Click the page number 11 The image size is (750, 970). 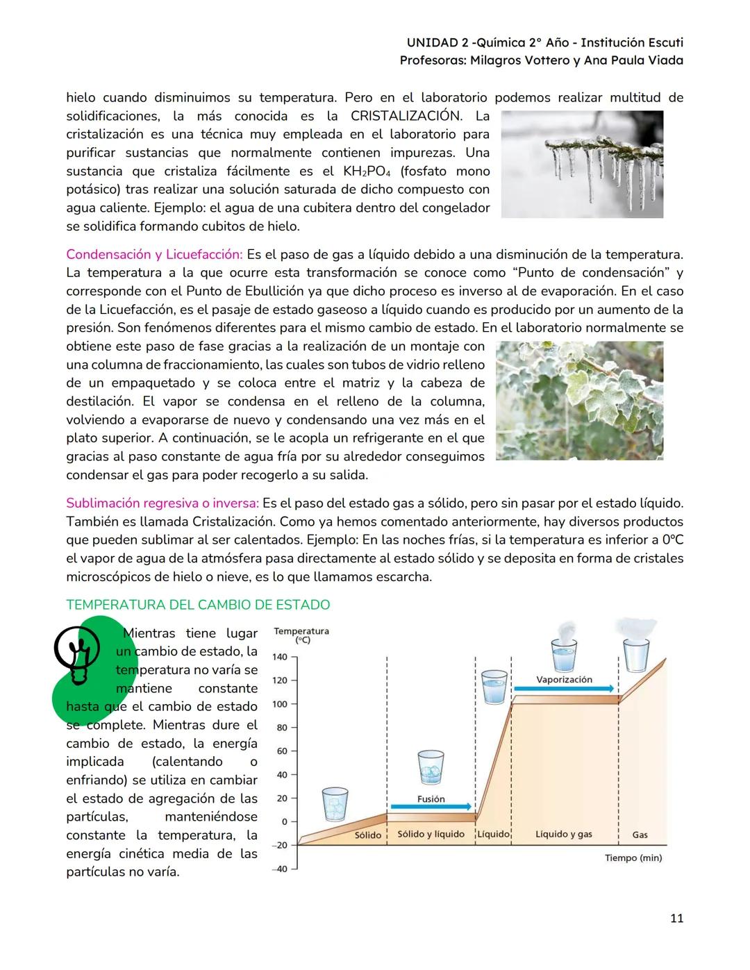click(676, 918)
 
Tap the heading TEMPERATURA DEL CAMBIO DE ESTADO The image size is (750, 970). click(198, 605)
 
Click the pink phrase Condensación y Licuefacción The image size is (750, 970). click(153, 254)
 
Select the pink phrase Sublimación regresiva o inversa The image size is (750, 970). click(162, 503)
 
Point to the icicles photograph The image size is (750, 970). click(582, 165)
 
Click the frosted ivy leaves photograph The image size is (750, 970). click(580, 400)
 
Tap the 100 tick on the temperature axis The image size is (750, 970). click(280, 704)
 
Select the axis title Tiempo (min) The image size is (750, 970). click(633, 858)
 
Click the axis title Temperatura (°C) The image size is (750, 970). click(301, 635)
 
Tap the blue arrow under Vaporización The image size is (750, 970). click(564, 689)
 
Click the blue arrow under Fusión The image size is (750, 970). click(431, 807)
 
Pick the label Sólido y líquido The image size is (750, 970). click(431, 834)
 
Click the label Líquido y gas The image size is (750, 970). click(563, 834)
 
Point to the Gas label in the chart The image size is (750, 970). click(640, 834)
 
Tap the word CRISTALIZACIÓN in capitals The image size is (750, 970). click(406, 116)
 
